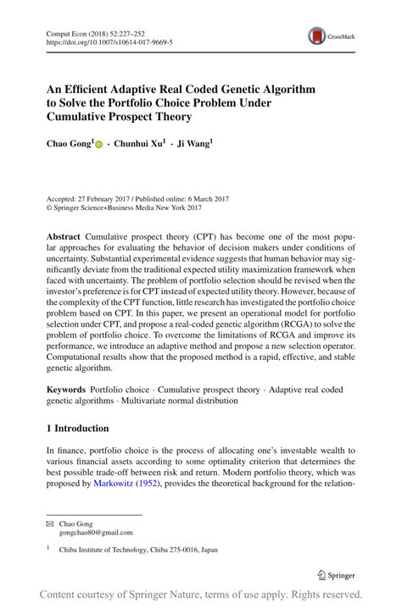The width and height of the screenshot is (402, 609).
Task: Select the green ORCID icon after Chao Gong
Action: click(x=98, y=146)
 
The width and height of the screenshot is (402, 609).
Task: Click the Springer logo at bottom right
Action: click(x=335, y=573)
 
